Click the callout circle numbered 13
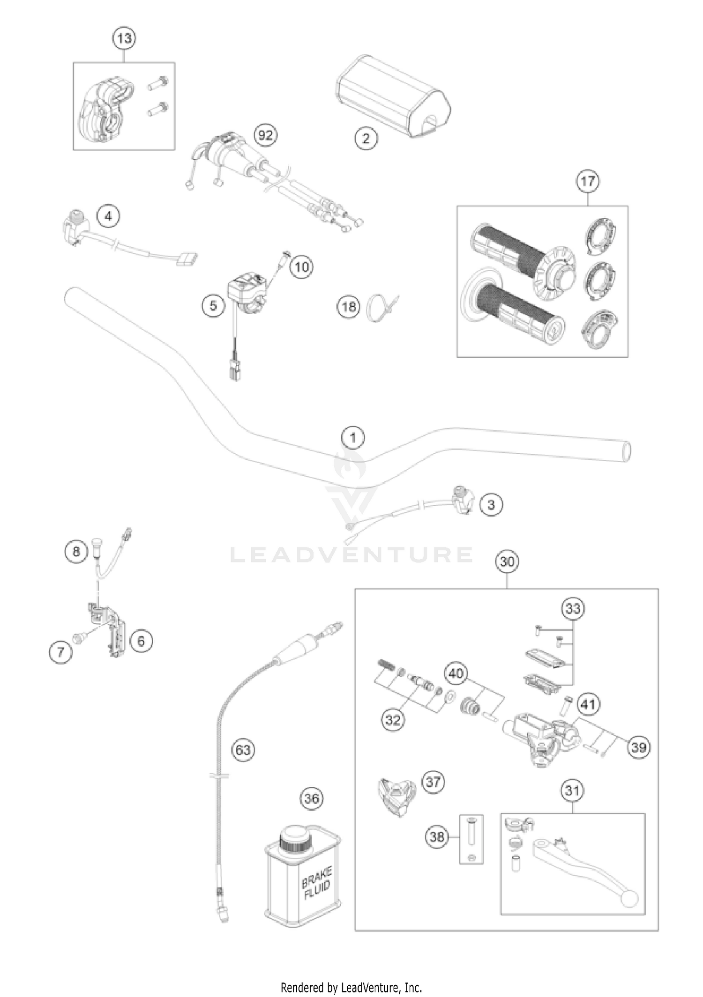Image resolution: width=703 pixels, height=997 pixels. coord(124,38)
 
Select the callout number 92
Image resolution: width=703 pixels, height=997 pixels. coord(265,135)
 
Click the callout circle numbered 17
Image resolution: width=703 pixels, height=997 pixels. coord(588,181)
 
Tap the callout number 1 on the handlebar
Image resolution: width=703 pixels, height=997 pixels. coord(353,438)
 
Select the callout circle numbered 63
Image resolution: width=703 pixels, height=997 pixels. coord(243,750)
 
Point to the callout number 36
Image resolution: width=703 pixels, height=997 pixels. coord(312,798)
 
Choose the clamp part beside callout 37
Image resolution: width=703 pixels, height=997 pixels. coord(396,795)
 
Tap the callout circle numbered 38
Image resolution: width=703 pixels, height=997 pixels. coord(437,837)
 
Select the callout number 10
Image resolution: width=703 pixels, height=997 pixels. coord(302,267)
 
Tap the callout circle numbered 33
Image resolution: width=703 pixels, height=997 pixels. coord(573,609)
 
